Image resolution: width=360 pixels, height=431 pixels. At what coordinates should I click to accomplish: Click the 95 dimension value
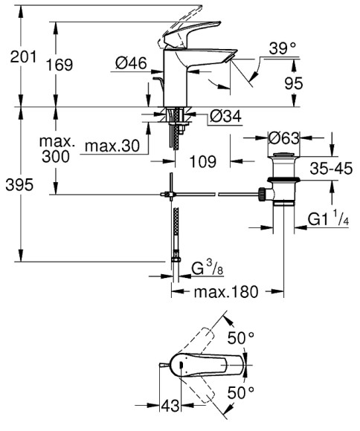(x=295, y=84)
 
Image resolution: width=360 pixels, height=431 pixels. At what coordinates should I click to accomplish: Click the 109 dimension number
(x=203, y=160)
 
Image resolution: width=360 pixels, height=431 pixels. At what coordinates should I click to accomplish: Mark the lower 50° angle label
(x=242, y=391)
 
